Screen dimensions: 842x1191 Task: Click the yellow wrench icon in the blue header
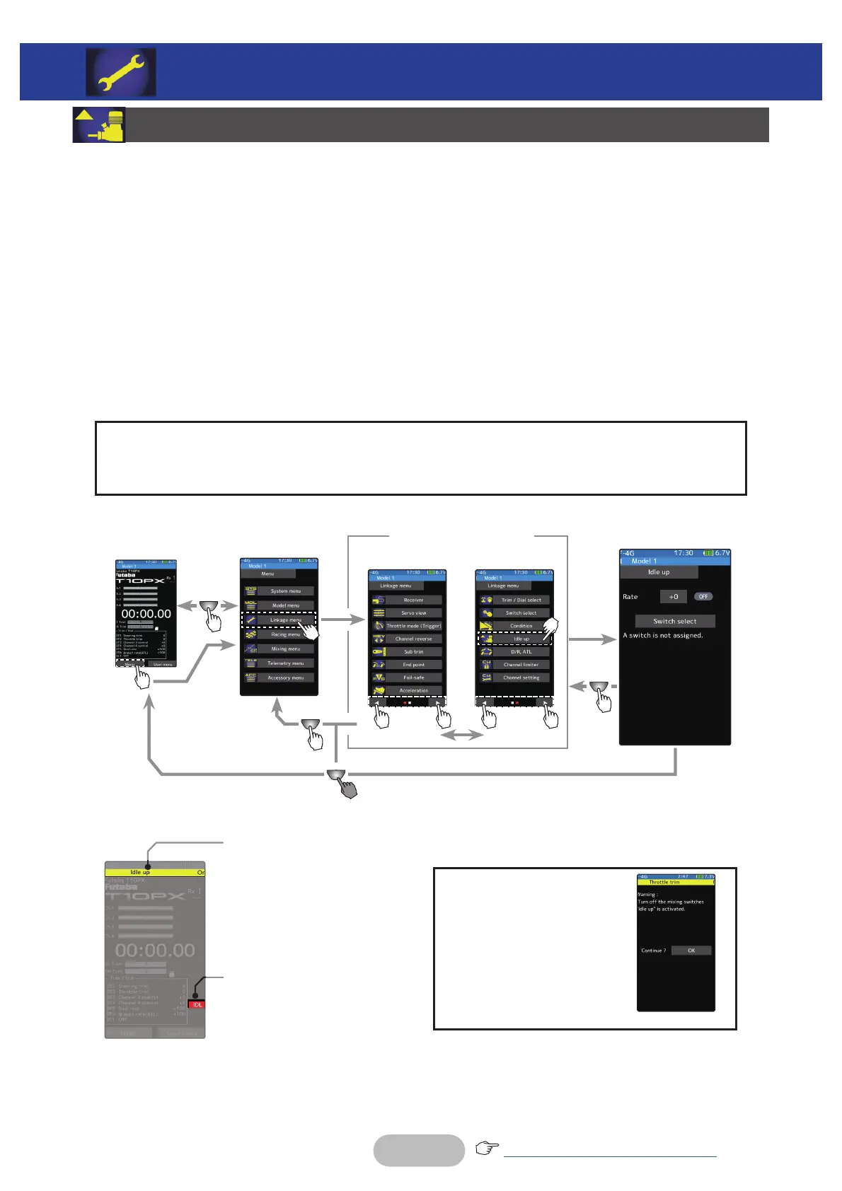coord(121,72)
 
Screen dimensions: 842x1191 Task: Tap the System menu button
coord(285,591)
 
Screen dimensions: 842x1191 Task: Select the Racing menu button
coord(285,634)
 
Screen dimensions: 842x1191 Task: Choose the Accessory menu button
coord(285,678)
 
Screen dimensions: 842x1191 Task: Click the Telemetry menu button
coord(285,663)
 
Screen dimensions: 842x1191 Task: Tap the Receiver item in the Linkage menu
coord(413,600)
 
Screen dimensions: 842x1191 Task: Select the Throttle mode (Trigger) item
coord(413,626)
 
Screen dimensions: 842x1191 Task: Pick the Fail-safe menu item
coord(413,678)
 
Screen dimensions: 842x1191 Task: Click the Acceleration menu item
coord(413,690)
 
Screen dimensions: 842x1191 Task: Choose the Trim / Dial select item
coord(521,600)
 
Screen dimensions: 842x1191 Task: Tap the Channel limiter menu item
coord(521,665)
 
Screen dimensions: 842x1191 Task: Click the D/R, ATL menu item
coord(521,651)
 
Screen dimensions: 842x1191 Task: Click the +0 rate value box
coord(673,597)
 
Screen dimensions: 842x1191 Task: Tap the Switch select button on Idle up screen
coord(674,621)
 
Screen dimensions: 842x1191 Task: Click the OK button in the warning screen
coord(691,951)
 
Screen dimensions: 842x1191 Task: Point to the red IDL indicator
coord(197,1005)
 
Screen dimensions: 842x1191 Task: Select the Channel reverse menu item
coord(413,639)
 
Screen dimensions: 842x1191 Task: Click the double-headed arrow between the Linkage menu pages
coord(461,736)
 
